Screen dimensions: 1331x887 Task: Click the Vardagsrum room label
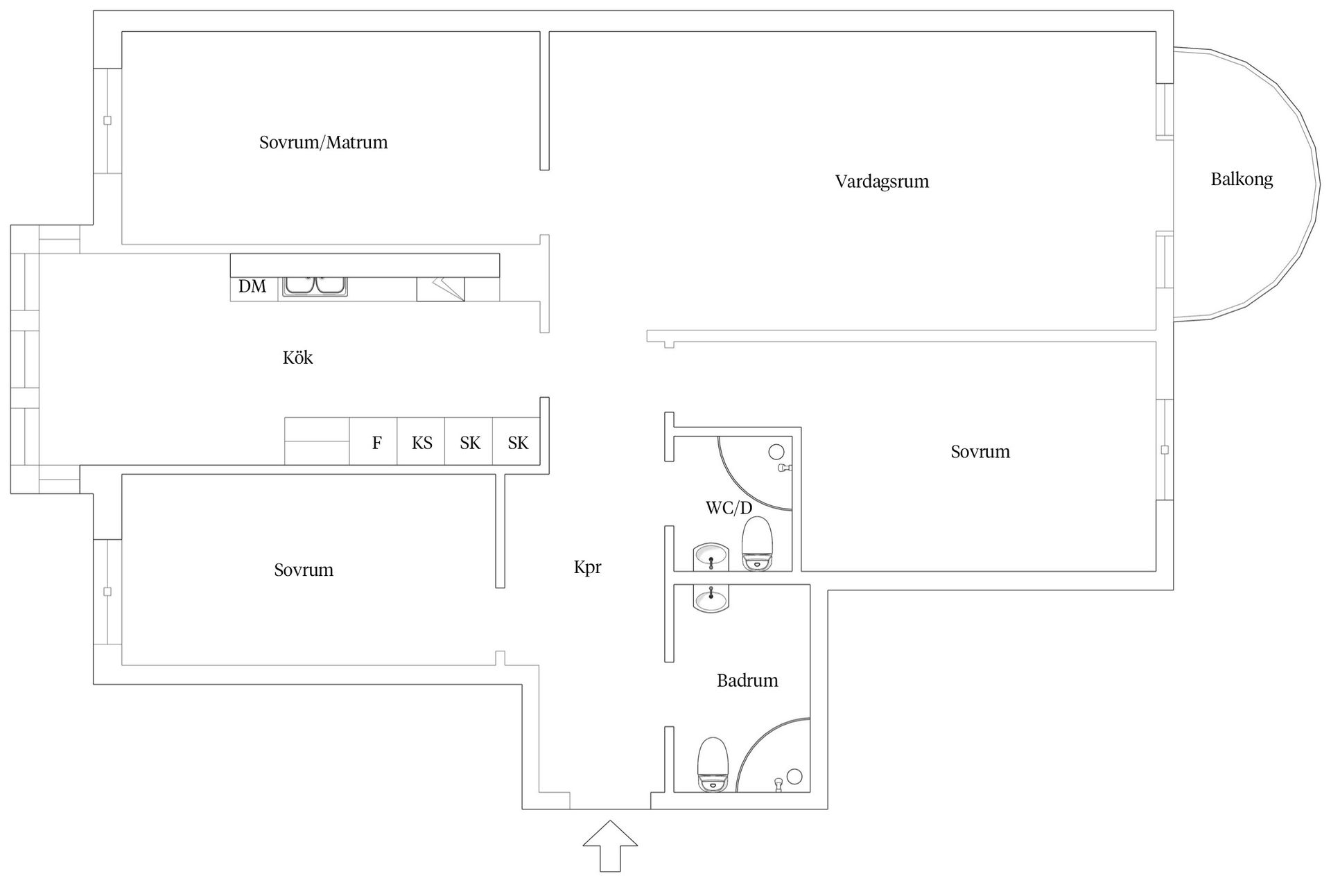pyautogui.click(x=882, y=182)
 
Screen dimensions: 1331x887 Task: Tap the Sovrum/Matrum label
pyautogui.click(x=323, y=143)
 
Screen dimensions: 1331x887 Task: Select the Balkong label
pyautogui.click(x=1242, y=179)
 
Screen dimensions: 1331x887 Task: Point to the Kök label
pyautogui.click(x=297, y=358)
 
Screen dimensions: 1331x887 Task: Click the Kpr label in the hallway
pyautogui.click(x=587, y=568)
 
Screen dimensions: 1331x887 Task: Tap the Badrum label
pyautogui.click(x=747, y=680)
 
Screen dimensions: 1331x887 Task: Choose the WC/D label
pyautogui.click(x=729, y=508)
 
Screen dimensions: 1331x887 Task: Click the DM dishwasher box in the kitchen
pyautogui.click(x=254, y=287)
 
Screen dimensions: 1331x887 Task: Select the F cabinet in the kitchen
pyautogui.click(x=373, y=441)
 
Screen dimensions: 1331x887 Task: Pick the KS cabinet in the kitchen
pyautogui.click(x=421, y=441)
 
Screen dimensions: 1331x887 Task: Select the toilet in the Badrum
pyautogui.click(x=713, y=764)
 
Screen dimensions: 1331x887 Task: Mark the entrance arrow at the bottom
pyautogui.click(x=610, y=845)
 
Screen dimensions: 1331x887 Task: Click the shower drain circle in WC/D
pyautogui.click(x=776, y=452)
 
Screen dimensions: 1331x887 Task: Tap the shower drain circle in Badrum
pyautogui.click(x=794, y=775)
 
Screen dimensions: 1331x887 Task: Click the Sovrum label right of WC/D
pyautogui.click(x=980, y=452)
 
